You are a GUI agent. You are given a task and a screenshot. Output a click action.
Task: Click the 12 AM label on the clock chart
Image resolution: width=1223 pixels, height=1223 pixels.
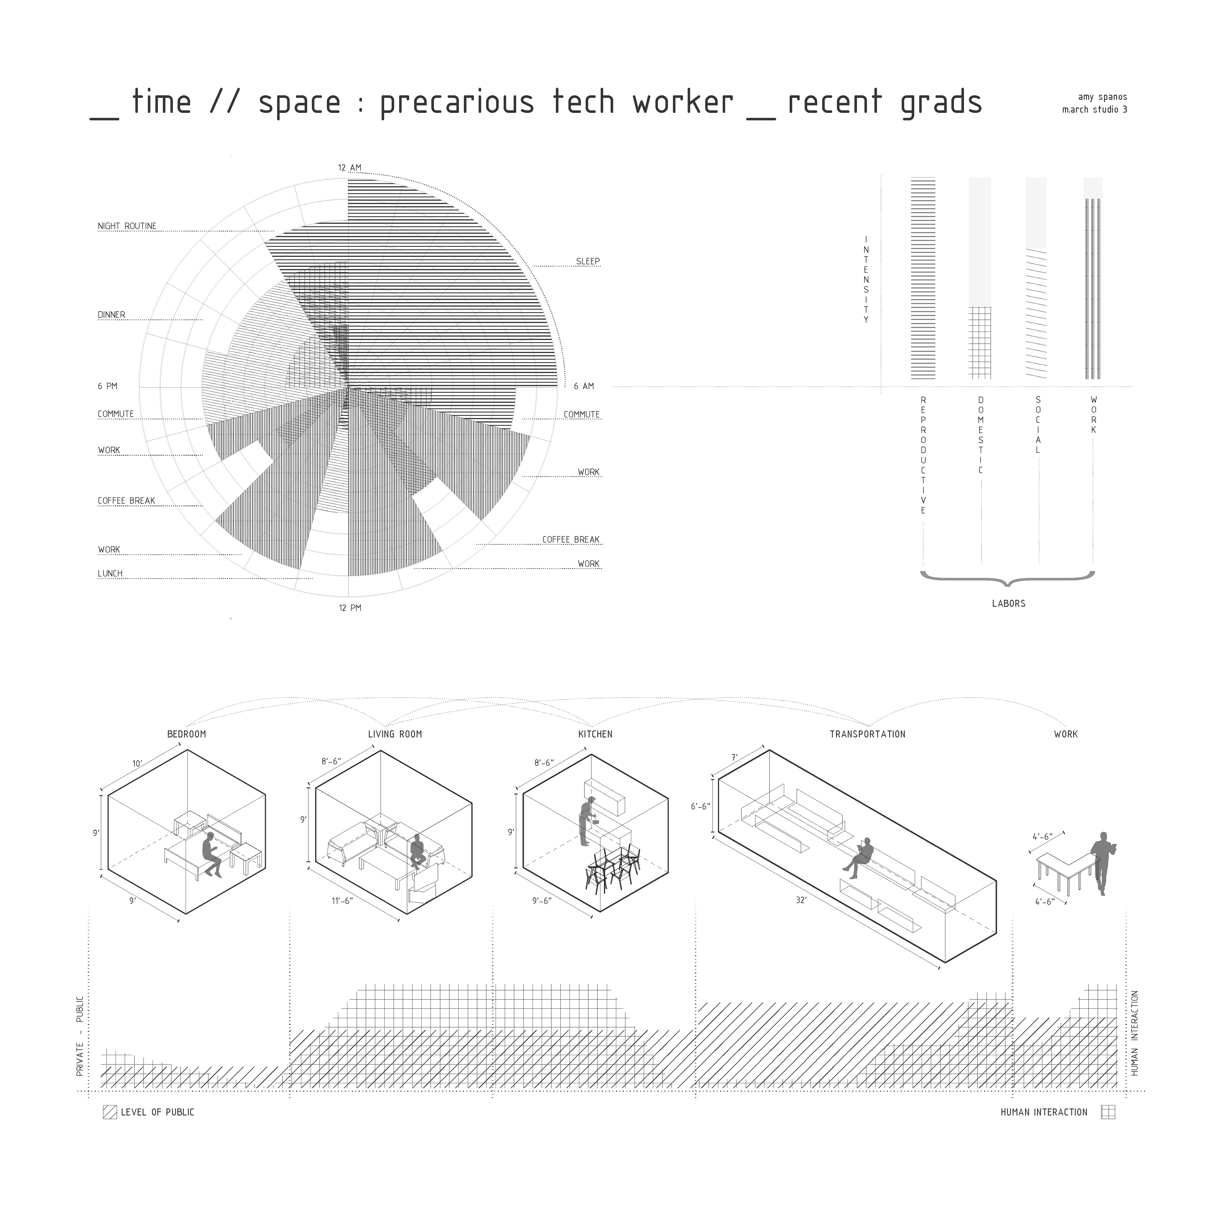tap(349, 168)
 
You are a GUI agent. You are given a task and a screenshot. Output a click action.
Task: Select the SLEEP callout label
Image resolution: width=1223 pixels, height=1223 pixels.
tap(587, 261)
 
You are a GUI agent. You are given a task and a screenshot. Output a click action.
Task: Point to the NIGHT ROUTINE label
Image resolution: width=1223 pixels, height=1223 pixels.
tap(127, 226)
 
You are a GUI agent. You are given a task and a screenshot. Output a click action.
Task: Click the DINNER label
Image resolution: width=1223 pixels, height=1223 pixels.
tap(111, 315)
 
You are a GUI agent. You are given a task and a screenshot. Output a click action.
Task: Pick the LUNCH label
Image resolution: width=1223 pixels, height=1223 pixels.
tap(110, 574)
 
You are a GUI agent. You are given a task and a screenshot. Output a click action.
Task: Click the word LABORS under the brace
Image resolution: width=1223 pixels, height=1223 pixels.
tap(1008, 603)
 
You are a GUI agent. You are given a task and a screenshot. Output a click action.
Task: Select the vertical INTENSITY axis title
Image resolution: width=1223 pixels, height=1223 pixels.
tap(866, 280)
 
